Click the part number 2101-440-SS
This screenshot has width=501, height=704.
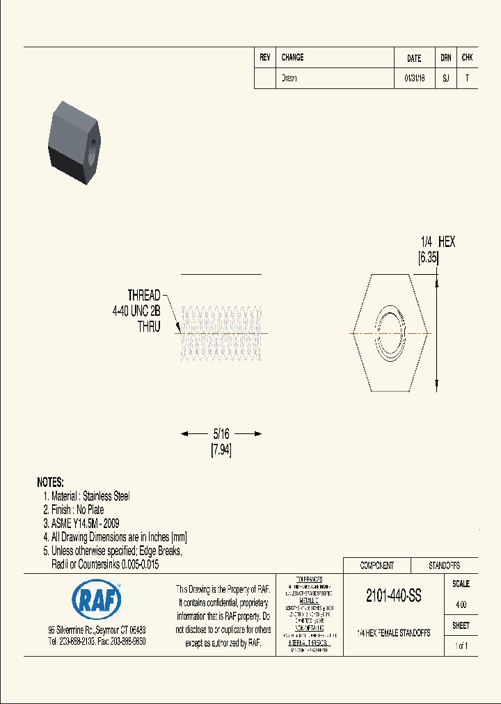pyautogui.click(x=393, y=596)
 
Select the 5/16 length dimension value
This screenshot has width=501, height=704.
pyautogui.click(x=221, y=434)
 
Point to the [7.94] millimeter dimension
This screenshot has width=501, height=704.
pyautogui.click(x=221, y=450)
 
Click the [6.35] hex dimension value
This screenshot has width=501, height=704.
pyautogui.click(x=429, y=258)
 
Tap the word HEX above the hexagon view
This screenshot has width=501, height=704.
pyautogui.click(x=446, y=242)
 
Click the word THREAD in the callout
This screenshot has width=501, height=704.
pyautogui.click(x=143, y=295)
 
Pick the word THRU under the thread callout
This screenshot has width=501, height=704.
pyautogui.click(x=149, y=327)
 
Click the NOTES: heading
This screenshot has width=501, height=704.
pyautogui.click(x=50, y=482)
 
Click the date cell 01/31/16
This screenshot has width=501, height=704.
pyautogui.click(x=414, y=79)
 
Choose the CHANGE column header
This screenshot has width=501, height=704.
pyautogui.click(x=292, y=58)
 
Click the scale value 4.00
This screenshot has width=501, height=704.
pyautogui.click(x=460, y=605)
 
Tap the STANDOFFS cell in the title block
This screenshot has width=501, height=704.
pyautogui.click(x=444, y=566)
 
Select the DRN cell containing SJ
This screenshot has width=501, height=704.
pyautogui.click(x=446, y=79)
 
